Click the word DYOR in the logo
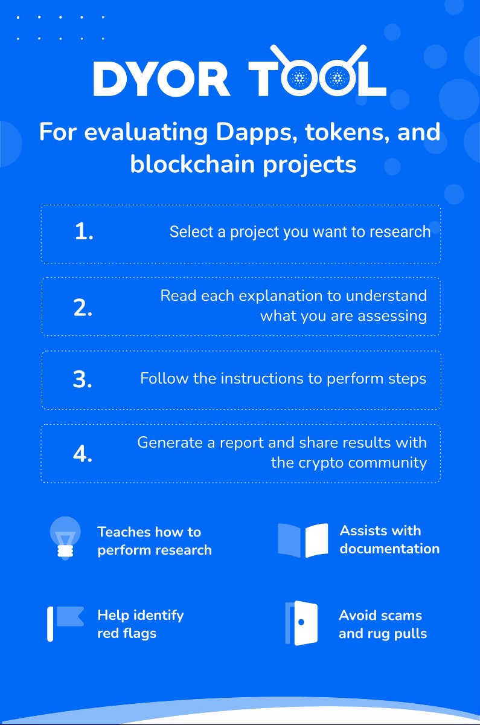pos(162,79)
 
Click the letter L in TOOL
pos(373,79)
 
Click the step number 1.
pos(84,232)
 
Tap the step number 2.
pos(83,308)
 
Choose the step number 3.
pos(83,379)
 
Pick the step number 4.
pos(83,454)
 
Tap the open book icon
pos(302,541)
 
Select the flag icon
pos(65,623)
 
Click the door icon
pos(301,623)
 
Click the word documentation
pos(389,549)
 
